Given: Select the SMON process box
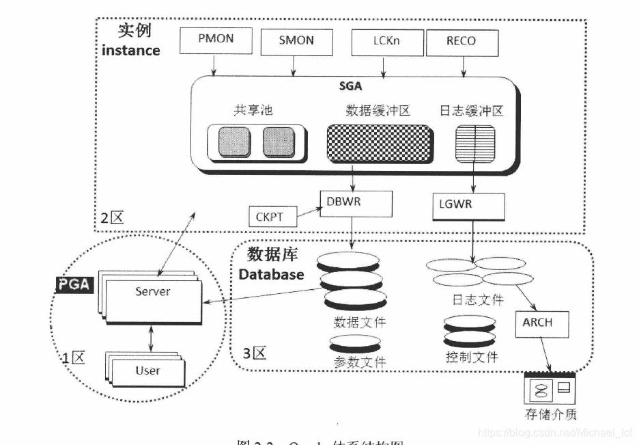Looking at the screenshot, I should coord(296,41).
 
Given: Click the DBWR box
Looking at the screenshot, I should coord(356,202).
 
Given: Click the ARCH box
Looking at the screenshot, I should coord(542,321).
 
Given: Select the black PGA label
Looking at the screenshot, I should coord(74,284).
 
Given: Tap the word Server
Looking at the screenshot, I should coord(152,292).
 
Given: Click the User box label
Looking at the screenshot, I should coord(147,370).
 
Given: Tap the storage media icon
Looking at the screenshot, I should coord(549,389).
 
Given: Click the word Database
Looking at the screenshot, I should coord(272,274).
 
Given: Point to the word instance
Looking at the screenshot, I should coord(130,50).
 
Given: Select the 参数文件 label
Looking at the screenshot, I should coord(360,362).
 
